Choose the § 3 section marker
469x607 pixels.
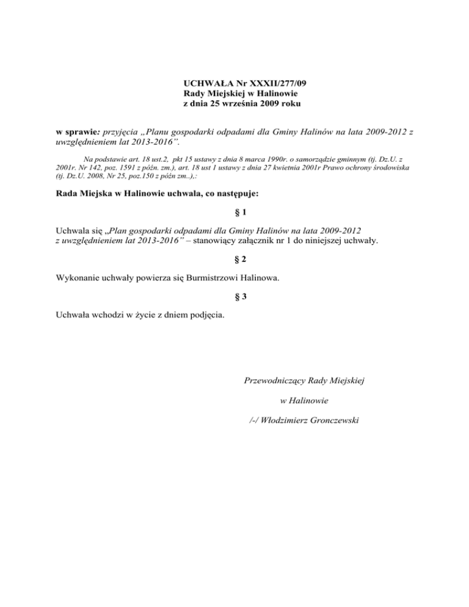tap(234, 298)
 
